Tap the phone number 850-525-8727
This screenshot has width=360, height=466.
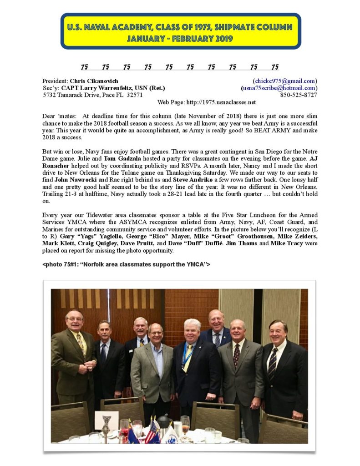pos(299,95)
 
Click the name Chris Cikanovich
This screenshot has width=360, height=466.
pos(94,81)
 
